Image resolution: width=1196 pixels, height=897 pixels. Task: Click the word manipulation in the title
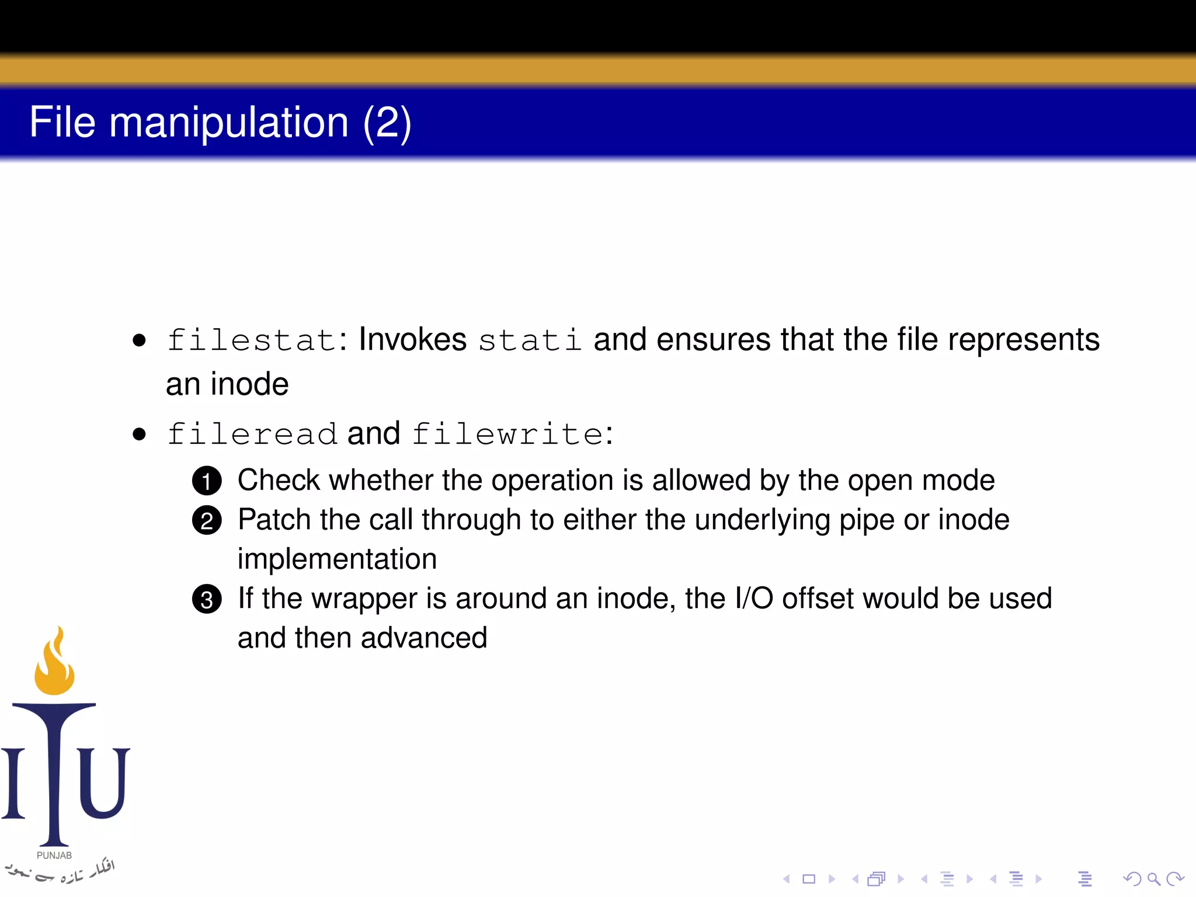tap(229, 123)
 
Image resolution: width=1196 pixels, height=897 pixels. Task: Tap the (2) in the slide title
tap(387, 123)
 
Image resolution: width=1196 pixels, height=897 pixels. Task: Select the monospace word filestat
tap(252, 340)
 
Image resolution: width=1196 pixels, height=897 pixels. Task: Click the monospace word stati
tap(530, 340)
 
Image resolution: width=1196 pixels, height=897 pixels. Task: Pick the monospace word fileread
tap(252, 434)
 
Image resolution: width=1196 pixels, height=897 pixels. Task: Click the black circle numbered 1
tap(207, 481)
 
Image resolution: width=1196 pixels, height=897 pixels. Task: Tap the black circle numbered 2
tap(207, 520)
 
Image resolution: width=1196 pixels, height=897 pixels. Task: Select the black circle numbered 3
tap(207, 599)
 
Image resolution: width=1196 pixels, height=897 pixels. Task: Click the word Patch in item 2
tap(274, 520)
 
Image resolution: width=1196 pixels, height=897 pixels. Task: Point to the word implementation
tap(337, 559)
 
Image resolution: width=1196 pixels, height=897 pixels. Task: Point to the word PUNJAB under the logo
tap(54, 856)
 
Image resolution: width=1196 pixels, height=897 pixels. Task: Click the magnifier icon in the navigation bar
tap(1153, 878)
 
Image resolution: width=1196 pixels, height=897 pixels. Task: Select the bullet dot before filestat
tap(139, 340)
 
